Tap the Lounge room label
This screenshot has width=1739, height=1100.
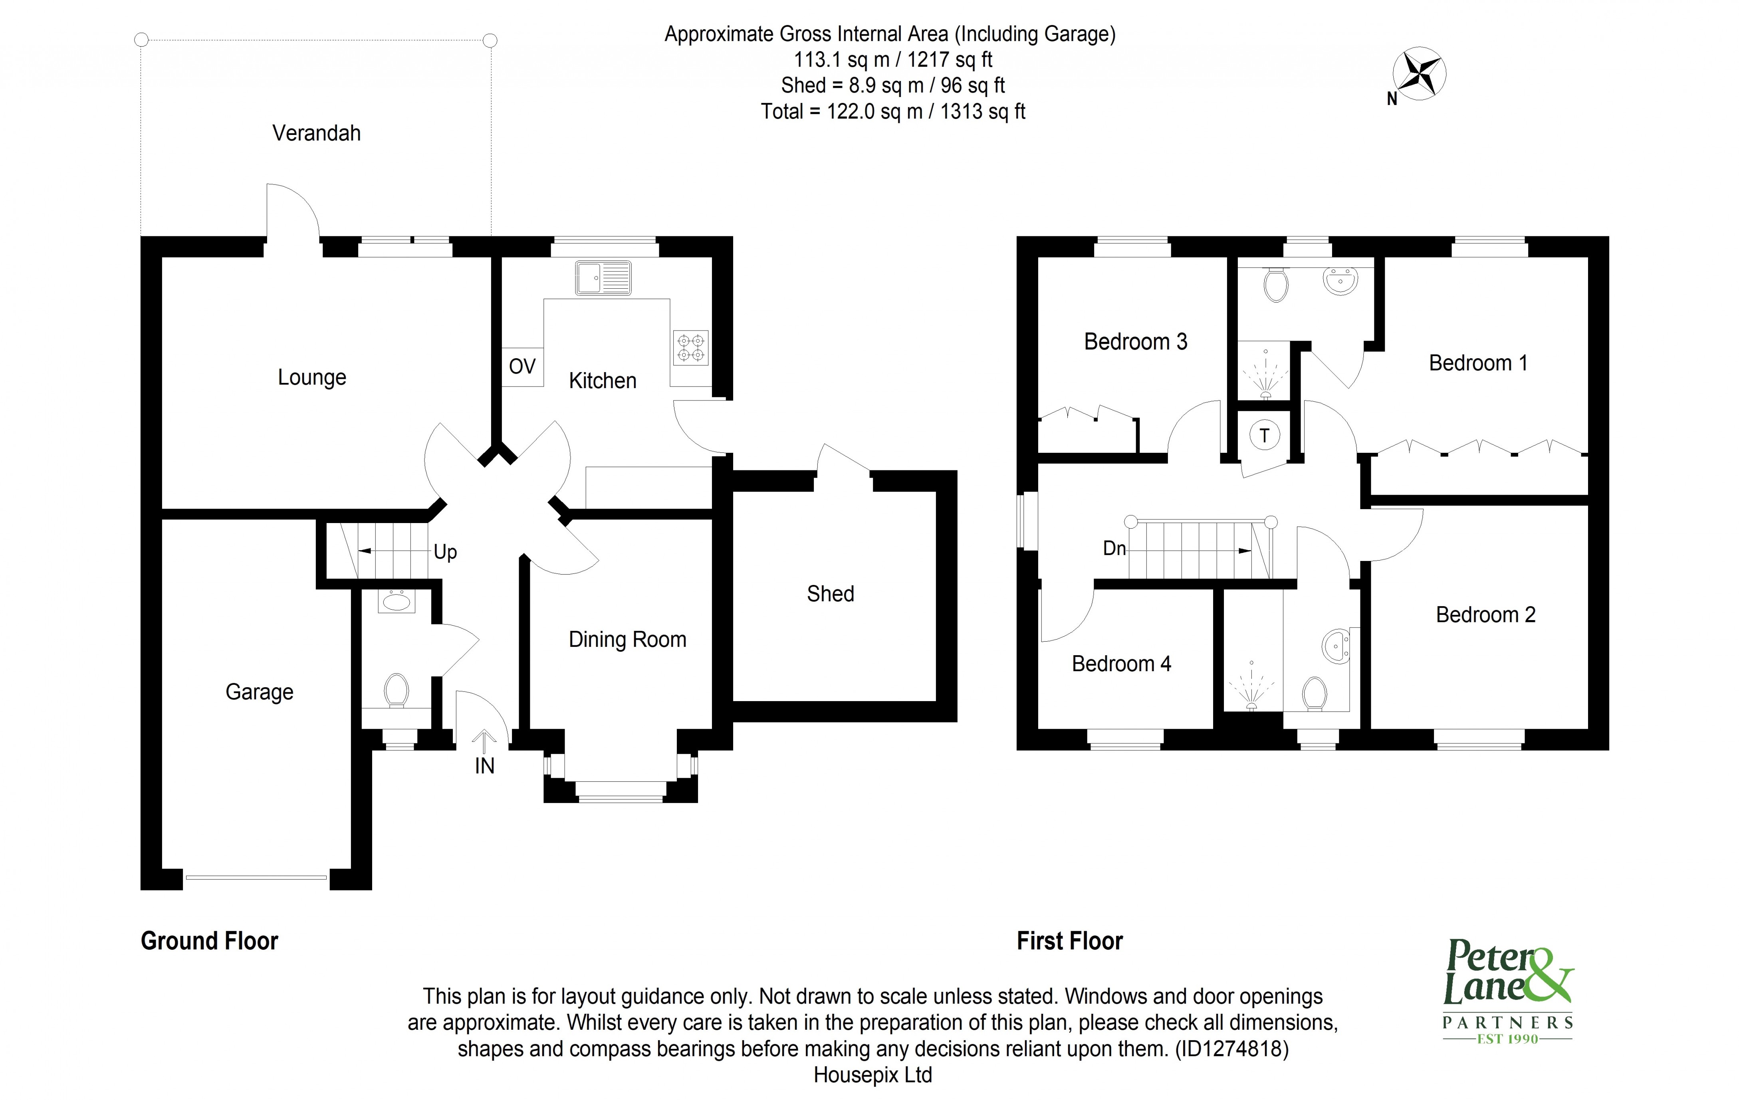[312, 377]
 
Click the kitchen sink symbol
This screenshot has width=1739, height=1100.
[603, 278]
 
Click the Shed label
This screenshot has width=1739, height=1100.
[831, 594]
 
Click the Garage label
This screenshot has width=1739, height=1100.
[259, 692]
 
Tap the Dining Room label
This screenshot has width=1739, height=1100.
[627, 639]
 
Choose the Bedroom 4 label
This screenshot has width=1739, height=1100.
[1121, 664]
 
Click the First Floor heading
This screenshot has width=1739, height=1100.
[1069, 941]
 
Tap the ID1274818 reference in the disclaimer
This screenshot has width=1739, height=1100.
[1232, 1049]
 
